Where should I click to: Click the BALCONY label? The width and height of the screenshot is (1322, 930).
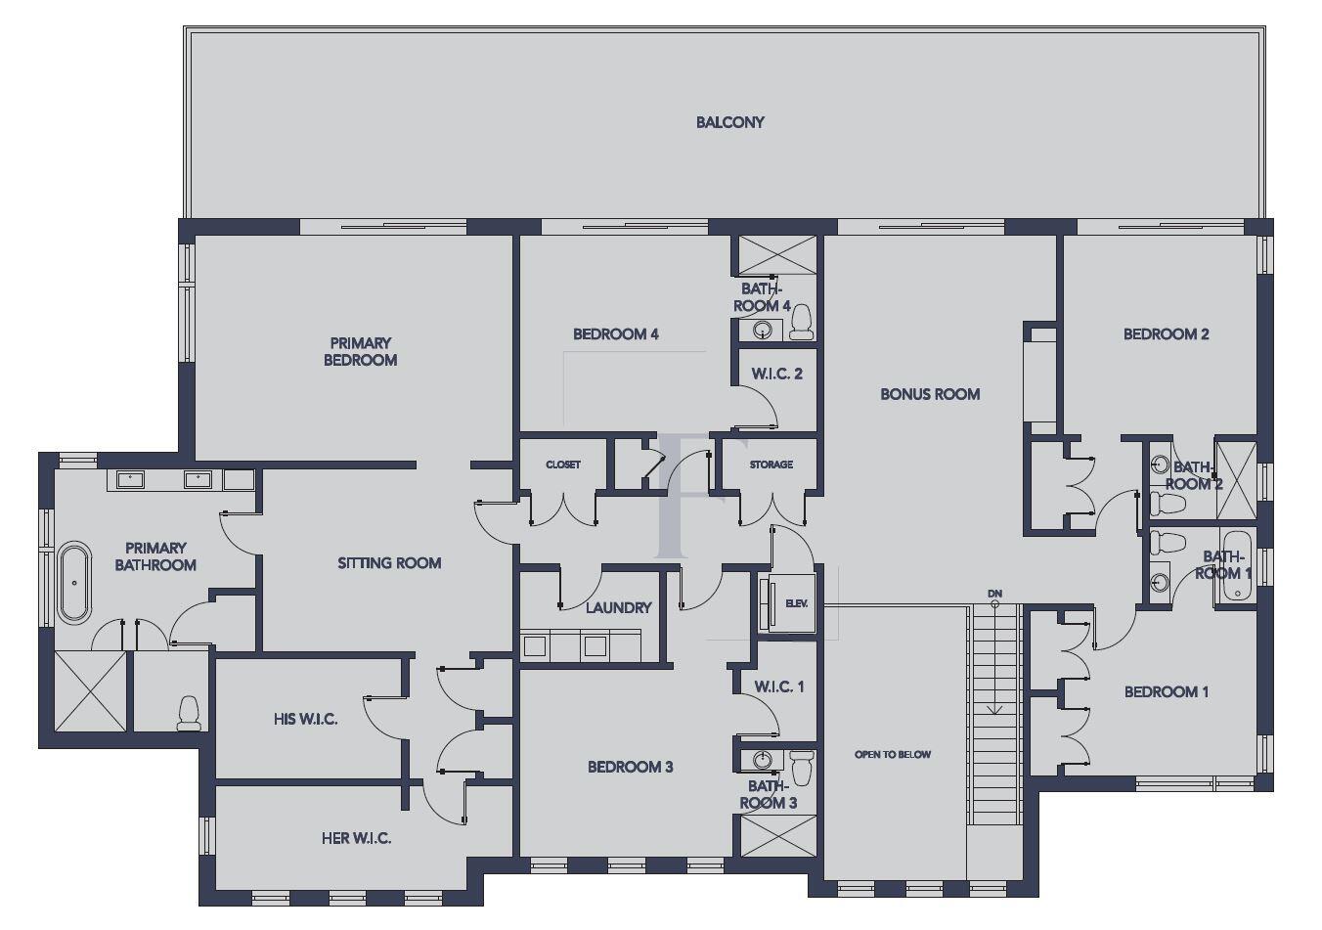[x=729, y=122]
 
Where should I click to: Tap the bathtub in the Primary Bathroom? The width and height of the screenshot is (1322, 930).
[x=73, y=583]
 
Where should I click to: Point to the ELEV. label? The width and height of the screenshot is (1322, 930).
[x=796, y=603]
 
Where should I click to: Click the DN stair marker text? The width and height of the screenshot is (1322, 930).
[x=994, y=594]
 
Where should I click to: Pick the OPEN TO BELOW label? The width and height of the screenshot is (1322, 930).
[x=892, y=754]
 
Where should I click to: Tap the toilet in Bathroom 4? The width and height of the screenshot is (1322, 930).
[x=801, y=322]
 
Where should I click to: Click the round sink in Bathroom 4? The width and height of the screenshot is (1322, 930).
[x=762, y=331]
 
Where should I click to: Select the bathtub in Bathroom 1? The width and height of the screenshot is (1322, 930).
[x=1237, y=569]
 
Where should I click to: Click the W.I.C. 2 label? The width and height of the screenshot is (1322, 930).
[x=776, y=374]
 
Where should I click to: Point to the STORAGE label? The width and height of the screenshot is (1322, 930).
[x=771, y=465]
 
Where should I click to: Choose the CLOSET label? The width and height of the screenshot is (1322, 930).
[x=563, y=465]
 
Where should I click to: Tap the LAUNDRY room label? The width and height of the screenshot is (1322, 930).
[x=618, y=607]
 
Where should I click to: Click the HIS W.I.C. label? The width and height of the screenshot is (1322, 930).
[x=305, y=720]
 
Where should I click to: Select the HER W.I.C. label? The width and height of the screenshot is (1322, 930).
[x=356, y=838]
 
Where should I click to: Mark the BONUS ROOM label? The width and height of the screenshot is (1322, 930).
[x=929, y=394]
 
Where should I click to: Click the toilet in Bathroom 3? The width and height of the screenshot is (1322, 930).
[x=802, y=767]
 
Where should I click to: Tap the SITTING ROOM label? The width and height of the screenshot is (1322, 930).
[x=389, y=563]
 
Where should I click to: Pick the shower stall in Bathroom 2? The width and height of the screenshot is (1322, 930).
[x=1235, y=479]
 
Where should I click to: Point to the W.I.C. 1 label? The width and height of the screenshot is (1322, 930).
[x=778, y=686]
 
